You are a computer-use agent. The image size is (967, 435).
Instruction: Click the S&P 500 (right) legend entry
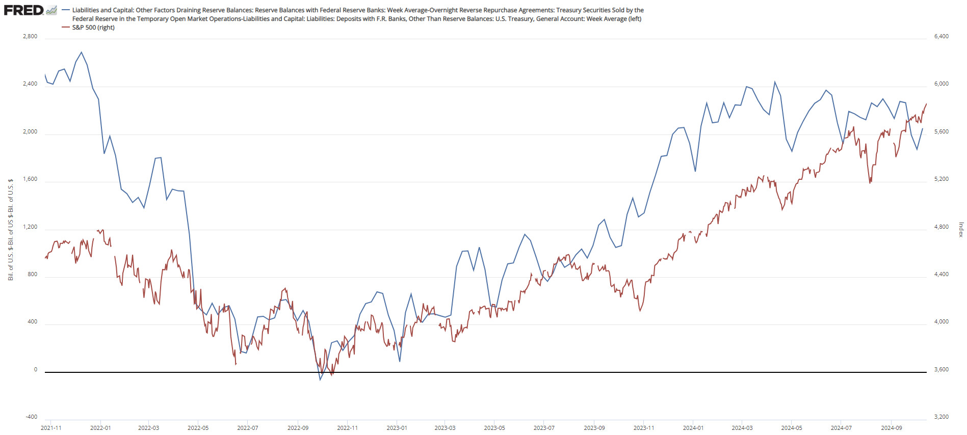93,28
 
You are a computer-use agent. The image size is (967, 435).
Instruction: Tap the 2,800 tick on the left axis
30,36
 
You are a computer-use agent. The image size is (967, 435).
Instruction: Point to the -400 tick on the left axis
31,417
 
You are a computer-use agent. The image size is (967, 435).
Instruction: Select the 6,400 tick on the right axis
941,36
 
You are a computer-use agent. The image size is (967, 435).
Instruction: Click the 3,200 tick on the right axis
941,417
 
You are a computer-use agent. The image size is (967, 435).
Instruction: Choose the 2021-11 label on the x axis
51,428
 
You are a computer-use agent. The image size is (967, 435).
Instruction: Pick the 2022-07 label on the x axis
248,428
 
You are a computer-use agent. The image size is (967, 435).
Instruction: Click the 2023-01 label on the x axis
397,428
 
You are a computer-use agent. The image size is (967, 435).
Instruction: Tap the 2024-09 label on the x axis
891,428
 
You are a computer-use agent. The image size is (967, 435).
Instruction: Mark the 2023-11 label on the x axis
644,428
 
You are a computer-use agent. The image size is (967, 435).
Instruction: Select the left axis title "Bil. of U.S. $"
11,229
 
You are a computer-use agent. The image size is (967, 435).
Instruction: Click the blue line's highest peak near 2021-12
82,52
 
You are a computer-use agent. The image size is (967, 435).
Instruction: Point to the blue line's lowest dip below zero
320,380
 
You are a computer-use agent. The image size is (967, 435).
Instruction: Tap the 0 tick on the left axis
35,369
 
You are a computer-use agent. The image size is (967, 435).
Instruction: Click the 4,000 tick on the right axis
941,321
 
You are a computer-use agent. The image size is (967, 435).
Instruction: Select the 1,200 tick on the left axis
30,227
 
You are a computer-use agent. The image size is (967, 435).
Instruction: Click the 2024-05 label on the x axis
792,428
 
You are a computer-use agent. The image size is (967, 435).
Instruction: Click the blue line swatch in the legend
65,10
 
